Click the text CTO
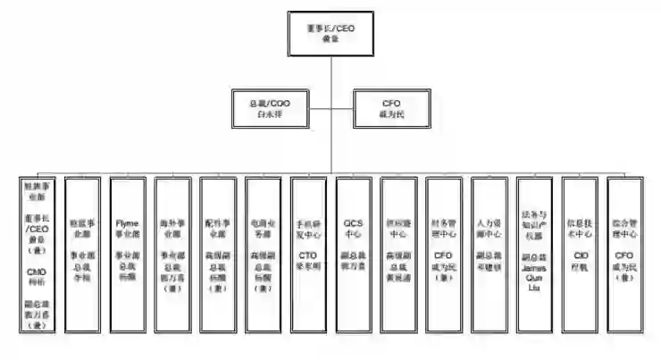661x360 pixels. pyautogui.click(x=308, y=255)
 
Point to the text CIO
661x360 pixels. pyautogui.click(x=580, y=255)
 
